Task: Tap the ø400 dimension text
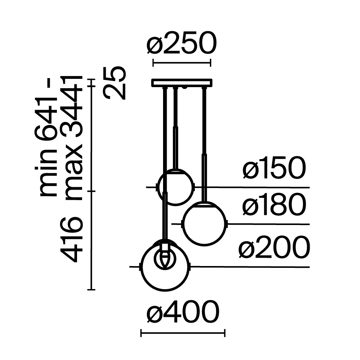point(183,312)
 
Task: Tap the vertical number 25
point(115,83)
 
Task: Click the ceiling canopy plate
point(182,83)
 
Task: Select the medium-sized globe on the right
point(205,224)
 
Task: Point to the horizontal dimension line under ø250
point(182,63)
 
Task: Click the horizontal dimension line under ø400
point(183,334)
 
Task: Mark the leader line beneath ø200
point(252,267)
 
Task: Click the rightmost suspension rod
point(204,144)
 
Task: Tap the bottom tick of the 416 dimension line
point(91,289)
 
